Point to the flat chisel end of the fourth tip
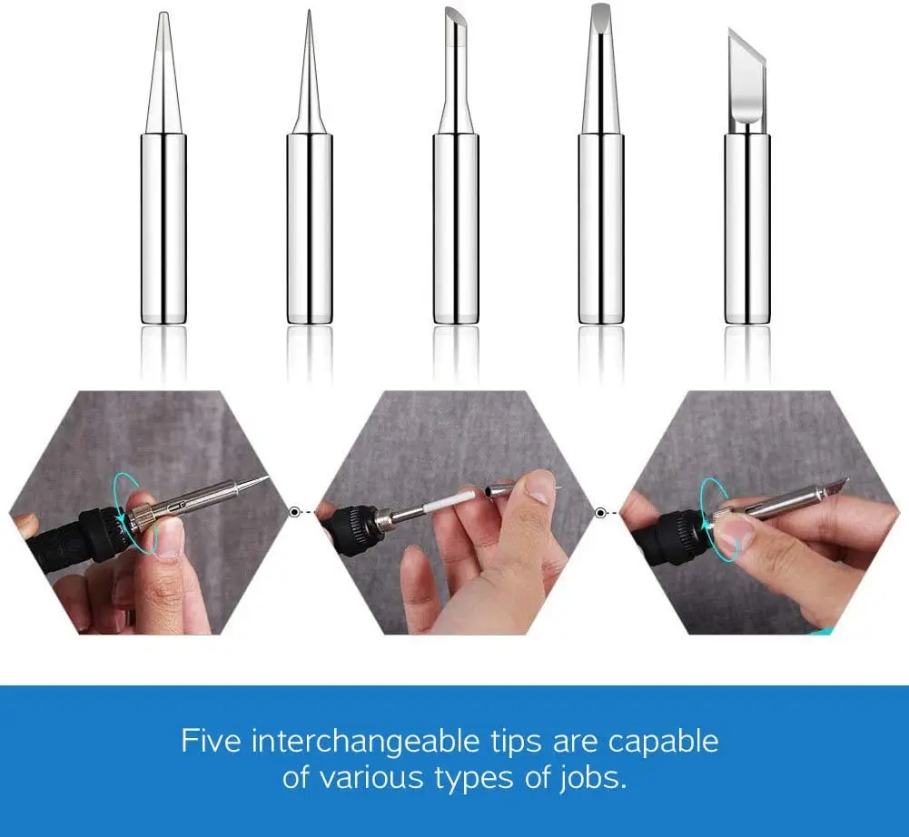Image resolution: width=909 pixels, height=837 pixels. [601, 13]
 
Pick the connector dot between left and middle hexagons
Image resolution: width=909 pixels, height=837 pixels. [294, 512]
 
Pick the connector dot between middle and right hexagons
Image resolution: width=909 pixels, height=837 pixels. [599, 512]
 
